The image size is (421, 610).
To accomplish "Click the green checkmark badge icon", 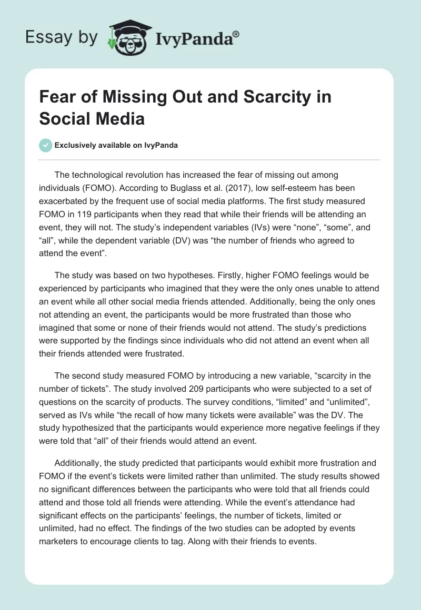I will tap(45, 145).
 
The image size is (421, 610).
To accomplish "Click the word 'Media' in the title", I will tap(119, 118).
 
